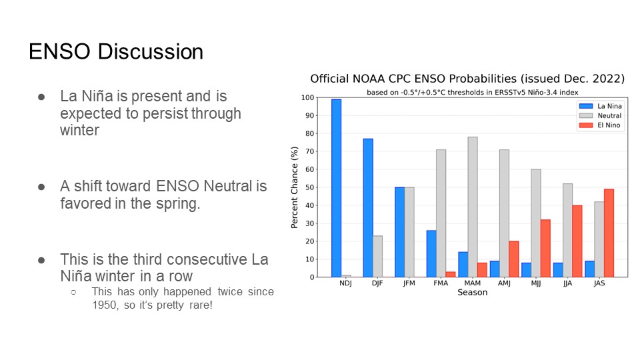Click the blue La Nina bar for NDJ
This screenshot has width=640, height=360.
click(336, 188)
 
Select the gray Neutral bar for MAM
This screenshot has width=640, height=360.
click(473, 207)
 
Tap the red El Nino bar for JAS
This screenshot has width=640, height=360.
click(609, 233)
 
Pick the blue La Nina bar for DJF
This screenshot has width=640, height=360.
click(368, 208)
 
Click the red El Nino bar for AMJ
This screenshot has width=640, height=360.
click(514, 259)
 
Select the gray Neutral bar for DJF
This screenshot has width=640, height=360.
click(377, 256)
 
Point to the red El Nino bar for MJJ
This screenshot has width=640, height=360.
click(545, 248)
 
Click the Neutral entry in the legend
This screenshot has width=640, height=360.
click(600, 115)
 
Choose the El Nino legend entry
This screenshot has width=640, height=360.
click(599, 125)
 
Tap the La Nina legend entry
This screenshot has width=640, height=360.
click(600, 106)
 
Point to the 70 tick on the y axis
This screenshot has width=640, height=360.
click(310, 151)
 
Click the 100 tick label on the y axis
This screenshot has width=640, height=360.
click(308, 97)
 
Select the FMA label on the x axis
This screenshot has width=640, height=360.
click(441, 283)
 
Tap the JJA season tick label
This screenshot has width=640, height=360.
click(568, 283)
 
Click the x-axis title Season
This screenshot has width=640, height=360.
click(472, 292)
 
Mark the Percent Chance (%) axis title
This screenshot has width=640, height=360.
click(294, 187)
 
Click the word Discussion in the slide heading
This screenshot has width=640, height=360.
click(150, 52)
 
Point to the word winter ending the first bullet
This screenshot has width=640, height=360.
click(79, 130)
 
